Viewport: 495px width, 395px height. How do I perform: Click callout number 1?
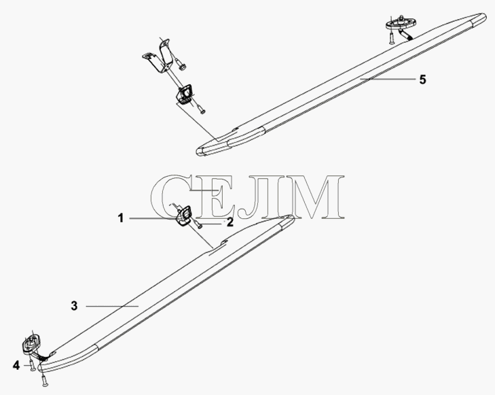121,218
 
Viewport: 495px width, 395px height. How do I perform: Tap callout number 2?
230,222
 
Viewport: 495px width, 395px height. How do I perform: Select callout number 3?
74,306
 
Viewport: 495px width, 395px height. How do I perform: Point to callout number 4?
16,366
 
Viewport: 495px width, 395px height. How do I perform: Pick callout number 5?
423,80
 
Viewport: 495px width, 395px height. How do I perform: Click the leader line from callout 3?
113,306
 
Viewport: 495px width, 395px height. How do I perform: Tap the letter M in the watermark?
316,197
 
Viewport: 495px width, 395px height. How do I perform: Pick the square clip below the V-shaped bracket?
185,94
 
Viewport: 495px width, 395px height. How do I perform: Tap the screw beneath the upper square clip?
201,109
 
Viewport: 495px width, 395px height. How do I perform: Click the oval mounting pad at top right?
401,22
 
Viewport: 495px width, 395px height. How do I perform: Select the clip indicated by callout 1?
183,216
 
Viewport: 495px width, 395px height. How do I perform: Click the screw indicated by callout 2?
199,225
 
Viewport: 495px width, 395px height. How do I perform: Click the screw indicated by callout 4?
33,365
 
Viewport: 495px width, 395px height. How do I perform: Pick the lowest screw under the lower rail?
44,381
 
